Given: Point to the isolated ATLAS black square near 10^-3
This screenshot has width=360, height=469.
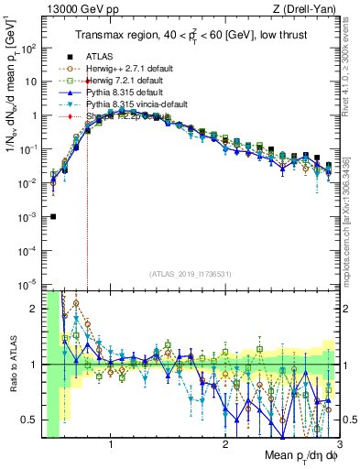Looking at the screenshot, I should point(53,217).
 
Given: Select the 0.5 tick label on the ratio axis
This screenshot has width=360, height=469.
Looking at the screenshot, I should point(30,420).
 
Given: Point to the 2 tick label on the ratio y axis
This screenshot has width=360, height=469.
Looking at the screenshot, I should point(35,309).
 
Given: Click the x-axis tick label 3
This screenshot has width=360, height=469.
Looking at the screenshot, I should point(339,446).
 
